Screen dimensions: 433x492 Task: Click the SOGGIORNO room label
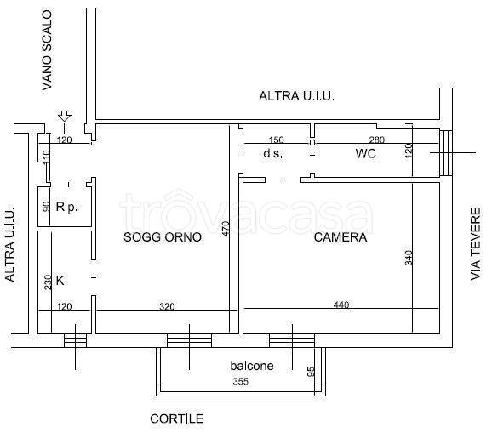pos(163,238)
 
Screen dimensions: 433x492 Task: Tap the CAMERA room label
pos(340,238)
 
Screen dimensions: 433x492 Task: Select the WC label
pos(365,154)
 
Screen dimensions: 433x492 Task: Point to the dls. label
pos(272,154)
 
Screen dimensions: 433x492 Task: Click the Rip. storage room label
pos(66,207)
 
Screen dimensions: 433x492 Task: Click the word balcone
pos(251,366)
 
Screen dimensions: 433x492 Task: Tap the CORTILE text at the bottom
pos(177,419)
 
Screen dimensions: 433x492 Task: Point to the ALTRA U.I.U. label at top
pos(296,97)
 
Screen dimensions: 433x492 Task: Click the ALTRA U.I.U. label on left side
pos(10,246)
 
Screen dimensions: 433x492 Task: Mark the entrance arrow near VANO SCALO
pos(64,117)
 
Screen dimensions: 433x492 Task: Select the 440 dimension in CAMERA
pos(340,305)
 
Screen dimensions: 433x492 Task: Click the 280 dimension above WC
pos(376,140)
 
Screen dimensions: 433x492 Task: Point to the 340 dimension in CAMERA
pos(409,257)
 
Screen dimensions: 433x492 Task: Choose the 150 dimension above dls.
pos(276,140)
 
